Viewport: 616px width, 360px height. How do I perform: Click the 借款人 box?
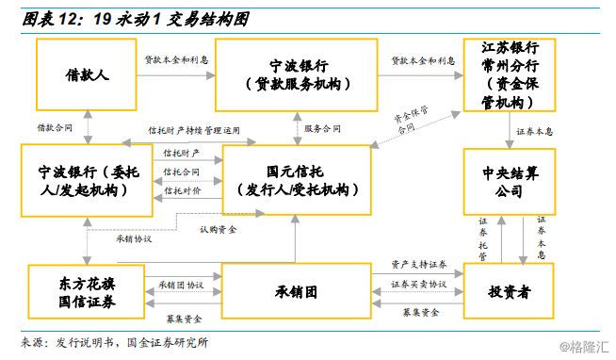88,74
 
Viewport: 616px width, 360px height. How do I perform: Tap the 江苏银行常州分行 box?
510,74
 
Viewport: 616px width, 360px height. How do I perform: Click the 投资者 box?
510,292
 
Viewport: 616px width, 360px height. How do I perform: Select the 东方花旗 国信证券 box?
86,292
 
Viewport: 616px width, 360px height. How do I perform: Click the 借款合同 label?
54,127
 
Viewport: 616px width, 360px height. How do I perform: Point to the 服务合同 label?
324,127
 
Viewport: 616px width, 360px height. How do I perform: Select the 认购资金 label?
219,229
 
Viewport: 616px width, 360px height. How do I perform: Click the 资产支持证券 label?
418,264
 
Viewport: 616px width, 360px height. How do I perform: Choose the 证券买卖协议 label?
418,283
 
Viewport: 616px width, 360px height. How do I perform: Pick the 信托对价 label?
181,190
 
